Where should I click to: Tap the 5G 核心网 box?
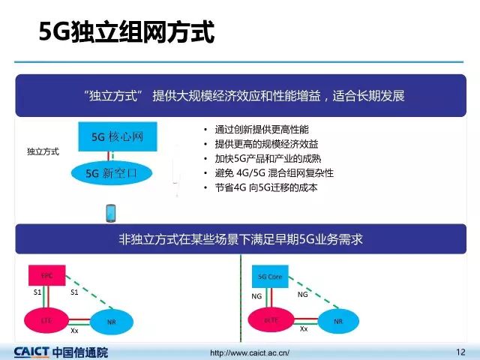(x=117, y=137)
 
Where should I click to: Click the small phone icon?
(x=110, y=213)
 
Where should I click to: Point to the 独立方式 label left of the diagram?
(x=43, y=151)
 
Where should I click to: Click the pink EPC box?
(x=47, y=275)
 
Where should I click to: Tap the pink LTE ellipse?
(x=46, y=320)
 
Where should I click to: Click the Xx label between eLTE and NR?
(x=303, y=329)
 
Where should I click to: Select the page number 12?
(x=460, y=351)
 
